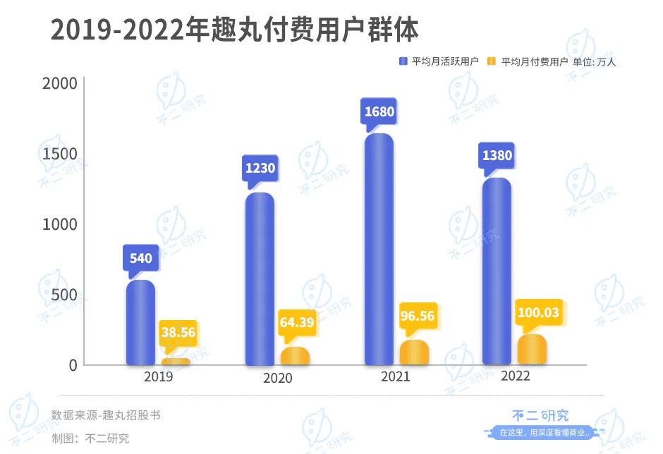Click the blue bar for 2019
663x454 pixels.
140,323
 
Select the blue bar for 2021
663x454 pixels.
379,249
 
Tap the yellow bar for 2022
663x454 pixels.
531,350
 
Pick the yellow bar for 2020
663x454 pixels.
295,356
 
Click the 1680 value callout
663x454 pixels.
379,112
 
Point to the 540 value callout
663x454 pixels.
140,258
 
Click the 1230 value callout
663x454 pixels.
260,168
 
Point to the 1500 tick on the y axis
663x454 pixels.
59,154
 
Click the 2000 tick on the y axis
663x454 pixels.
59,83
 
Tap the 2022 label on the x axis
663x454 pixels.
515,376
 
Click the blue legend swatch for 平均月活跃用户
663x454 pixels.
403,61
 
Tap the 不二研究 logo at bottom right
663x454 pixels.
540,416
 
